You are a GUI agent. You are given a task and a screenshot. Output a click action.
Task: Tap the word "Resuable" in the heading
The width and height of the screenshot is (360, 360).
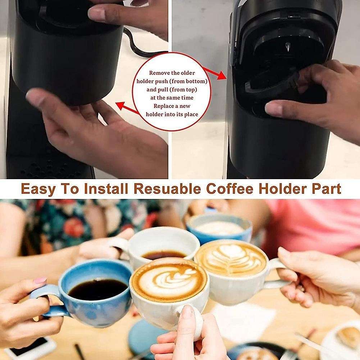tap(167, 188)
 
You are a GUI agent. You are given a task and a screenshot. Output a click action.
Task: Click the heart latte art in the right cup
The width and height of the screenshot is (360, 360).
tap(231, 258)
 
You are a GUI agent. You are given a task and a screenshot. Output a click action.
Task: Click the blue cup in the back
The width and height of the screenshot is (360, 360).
tap(219, 227)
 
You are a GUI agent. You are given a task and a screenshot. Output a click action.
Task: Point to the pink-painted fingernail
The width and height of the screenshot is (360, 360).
tap(40, 280)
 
